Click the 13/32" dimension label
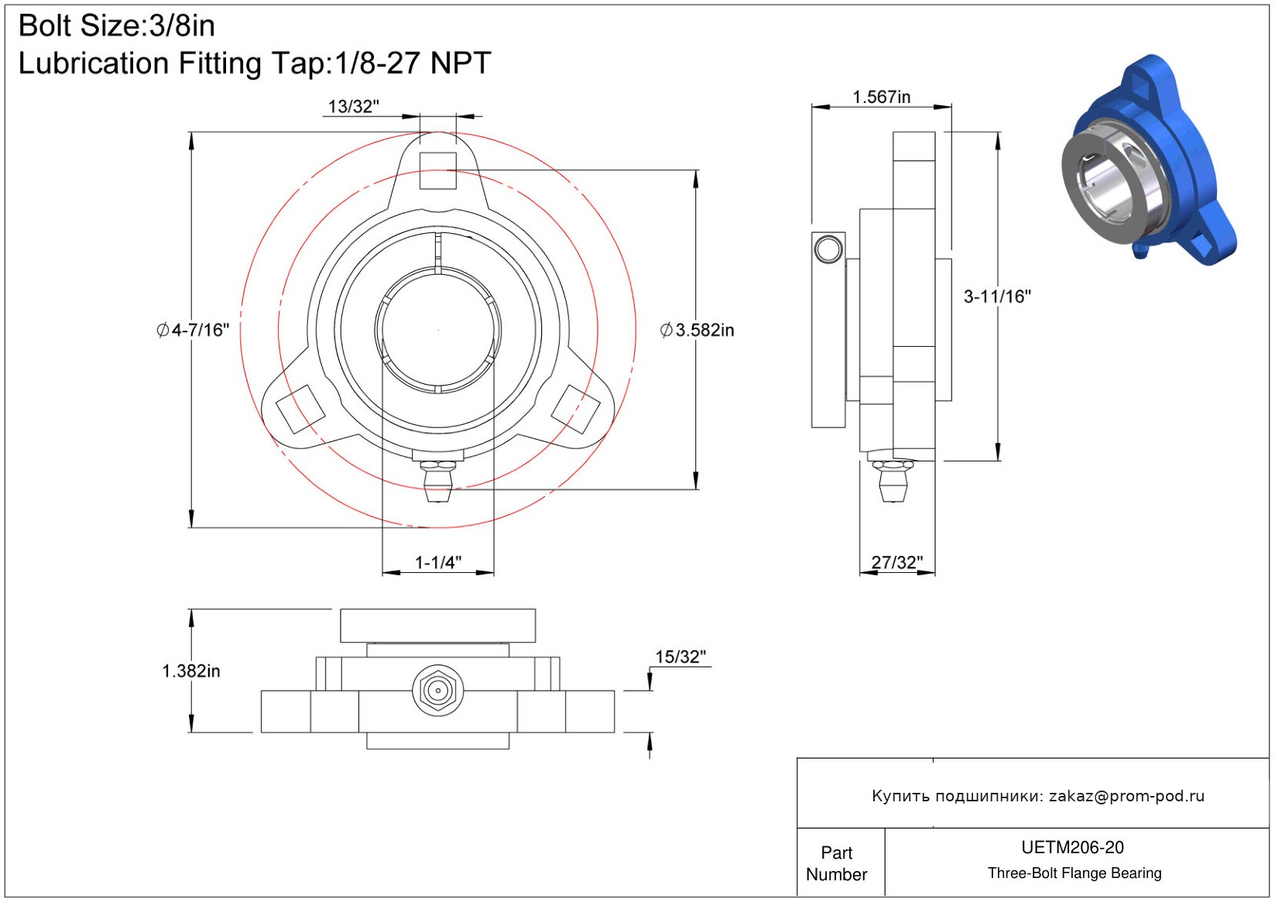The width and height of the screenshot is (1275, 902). [x=354, y=107]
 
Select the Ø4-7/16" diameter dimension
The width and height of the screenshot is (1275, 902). [x=193, y=330]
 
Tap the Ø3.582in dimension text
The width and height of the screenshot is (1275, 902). [x=697, y=330]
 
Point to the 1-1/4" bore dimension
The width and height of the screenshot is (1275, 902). [x=437, y=563]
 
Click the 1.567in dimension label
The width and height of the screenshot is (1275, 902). [x=881, y=98]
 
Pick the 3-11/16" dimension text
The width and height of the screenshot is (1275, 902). [x=997, y=296]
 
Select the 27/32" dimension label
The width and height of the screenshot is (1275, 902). [x=897, y=563]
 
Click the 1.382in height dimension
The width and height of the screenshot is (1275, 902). [x=191, y=670]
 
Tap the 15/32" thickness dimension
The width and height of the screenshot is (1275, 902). [x=680, y=657]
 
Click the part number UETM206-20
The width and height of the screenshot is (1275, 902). [x=1072, y=847]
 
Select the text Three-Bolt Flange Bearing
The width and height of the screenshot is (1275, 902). [x=1074, y=873]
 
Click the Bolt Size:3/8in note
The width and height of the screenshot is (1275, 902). [x=117, y=26]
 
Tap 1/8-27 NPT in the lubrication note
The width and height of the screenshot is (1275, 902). [x=413, y=63]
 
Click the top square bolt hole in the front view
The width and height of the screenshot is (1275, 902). [x=437, y=170]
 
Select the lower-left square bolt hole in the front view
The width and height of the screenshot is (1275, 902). [x=300, y=409]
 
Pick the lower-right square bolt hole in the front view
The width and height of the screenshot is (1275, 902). [x=576, y=409]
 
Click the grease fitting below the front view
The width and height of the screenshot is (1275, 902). [x=437, y=480]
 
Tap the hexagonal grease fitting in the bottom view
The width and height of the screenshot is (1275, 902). [x=437, y=691]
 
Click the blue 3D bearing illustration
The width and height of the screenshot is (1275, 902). [x=1150, y=160]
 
